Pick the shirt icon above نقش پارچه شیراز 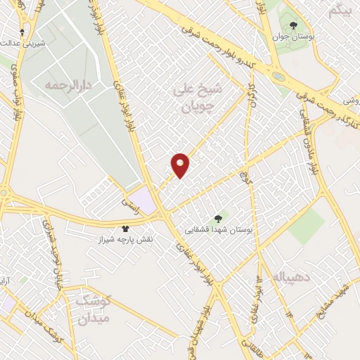pyautogui.click(x=126, y=229)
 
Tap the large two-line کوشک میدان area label pyautogui.click(x=94, y=310)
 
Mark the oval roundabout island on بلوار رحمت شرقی pyautogui.click(x=279, y=77)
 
